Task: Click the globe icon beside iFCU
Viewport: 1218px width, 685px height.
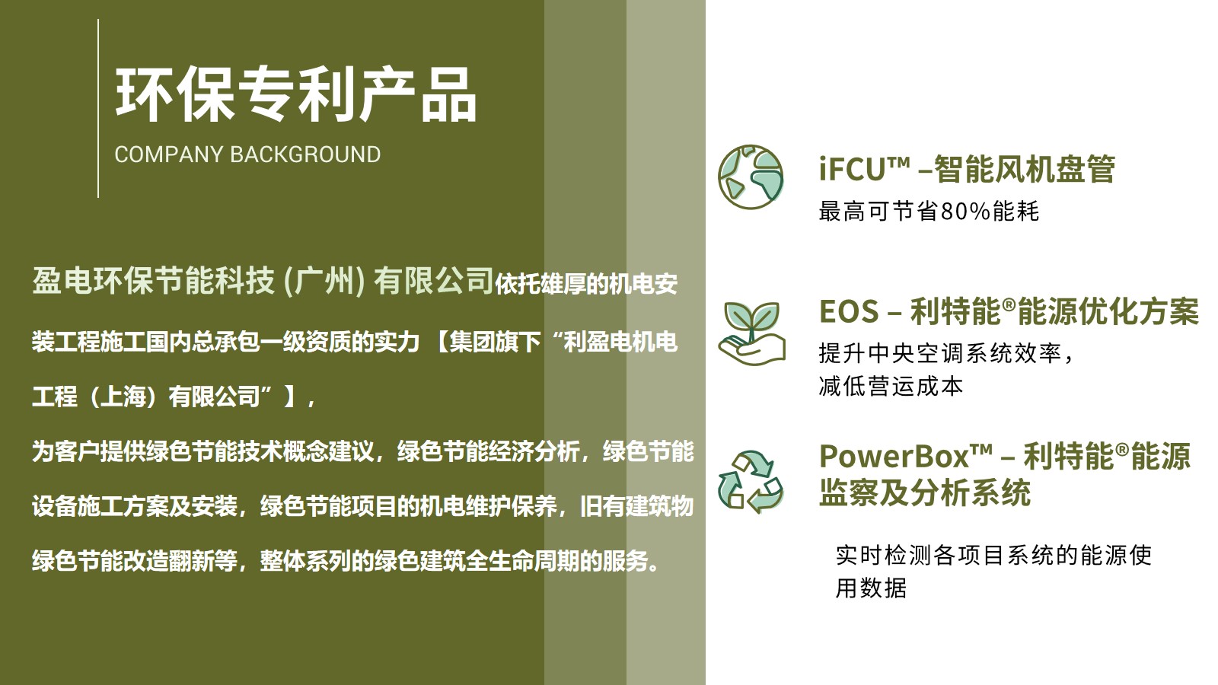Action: pos(751,177)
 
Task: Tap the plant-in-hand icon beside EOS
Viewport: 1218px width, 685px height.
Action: pos(751,333)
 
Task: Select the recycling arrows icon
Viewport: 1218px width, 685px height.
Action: pos(751,482)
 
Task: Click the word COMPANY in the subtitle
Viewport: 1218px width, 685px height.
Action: pos(169,155)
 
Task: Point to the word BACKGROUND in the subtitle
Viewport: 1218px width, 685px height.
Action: pos(305,155)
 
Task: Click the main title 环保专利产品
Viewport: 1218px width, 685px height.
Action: pos(296,94)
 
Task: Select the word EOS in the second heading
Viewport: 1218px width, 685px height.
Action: pos(849,311)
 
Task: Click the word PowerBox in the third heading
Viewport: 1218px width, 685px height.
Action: pos(894,456)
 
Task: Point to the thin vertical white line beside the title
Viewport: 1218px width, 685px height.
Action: pos(98,108)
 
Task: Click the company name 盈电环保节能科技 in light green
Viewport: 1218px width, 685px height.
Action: pos(154,281)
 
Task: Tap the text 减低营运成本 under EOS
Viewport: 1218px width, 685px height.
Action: pos(891,387)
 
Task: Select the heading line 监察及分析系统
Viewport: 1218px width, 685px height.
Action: pos(924,493)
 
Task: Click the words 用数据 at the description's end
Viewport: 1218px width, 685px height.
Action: pos(871,588)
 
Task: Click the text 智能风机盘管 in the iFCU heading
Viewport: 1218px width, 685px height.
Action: pos(1025,169)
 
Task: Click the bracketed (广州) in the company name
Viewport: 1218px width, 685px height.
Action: pos(324,282)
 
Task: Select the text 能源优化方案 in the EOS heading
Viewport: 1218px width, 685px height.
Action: pos(1108,311)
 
